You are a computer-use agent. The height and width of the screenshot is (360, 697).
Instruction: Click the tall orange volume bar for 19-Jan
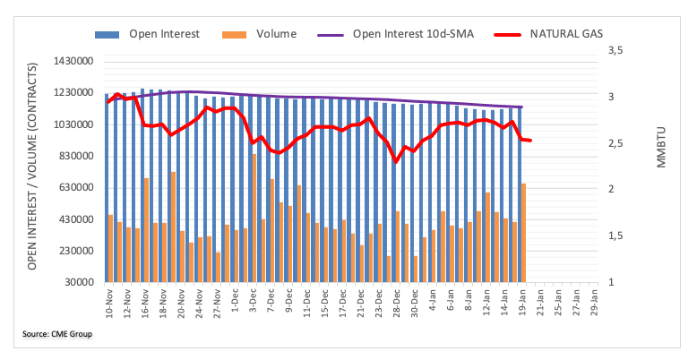click(523, 233)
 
